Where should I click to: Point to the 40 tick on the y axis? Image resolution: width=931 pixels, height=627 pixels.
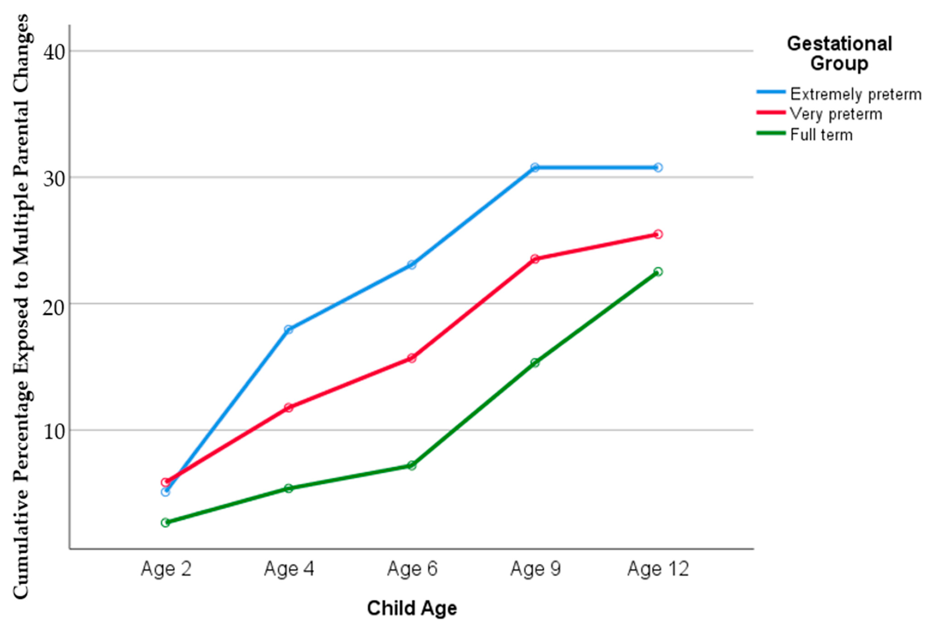point(54,52)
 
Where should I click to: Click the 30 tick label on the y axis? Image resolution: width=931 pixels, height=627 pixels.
point(54,178)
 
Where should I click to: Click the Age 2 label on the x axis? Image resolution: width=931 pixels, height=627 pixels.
point(166,569)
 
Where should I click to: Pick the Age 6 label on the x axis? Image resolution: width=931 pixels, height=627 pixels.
point(412,569)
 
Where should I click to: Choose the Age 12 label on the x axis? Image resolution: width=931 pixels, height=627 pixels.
point(658,569)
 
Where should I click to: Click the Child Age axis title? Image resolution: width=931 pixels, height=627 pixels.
point(412,608)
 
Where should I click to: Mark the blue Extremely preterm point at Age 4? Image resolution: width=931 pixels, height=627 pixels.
point(289,329)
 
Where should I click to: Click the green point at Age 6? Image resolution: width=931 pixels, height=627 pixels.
point(412,465)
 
